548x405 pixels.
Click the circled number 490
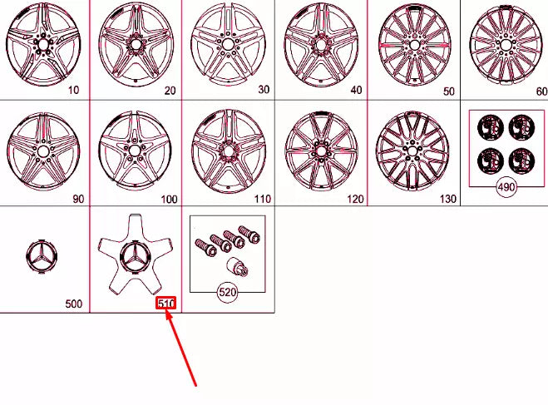coord(506,187)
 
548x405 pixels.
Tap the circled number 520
coord(227,292)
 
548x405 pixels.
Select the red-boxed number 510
coord(166,304)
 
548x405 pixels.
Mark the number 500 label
coord(74,304)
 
